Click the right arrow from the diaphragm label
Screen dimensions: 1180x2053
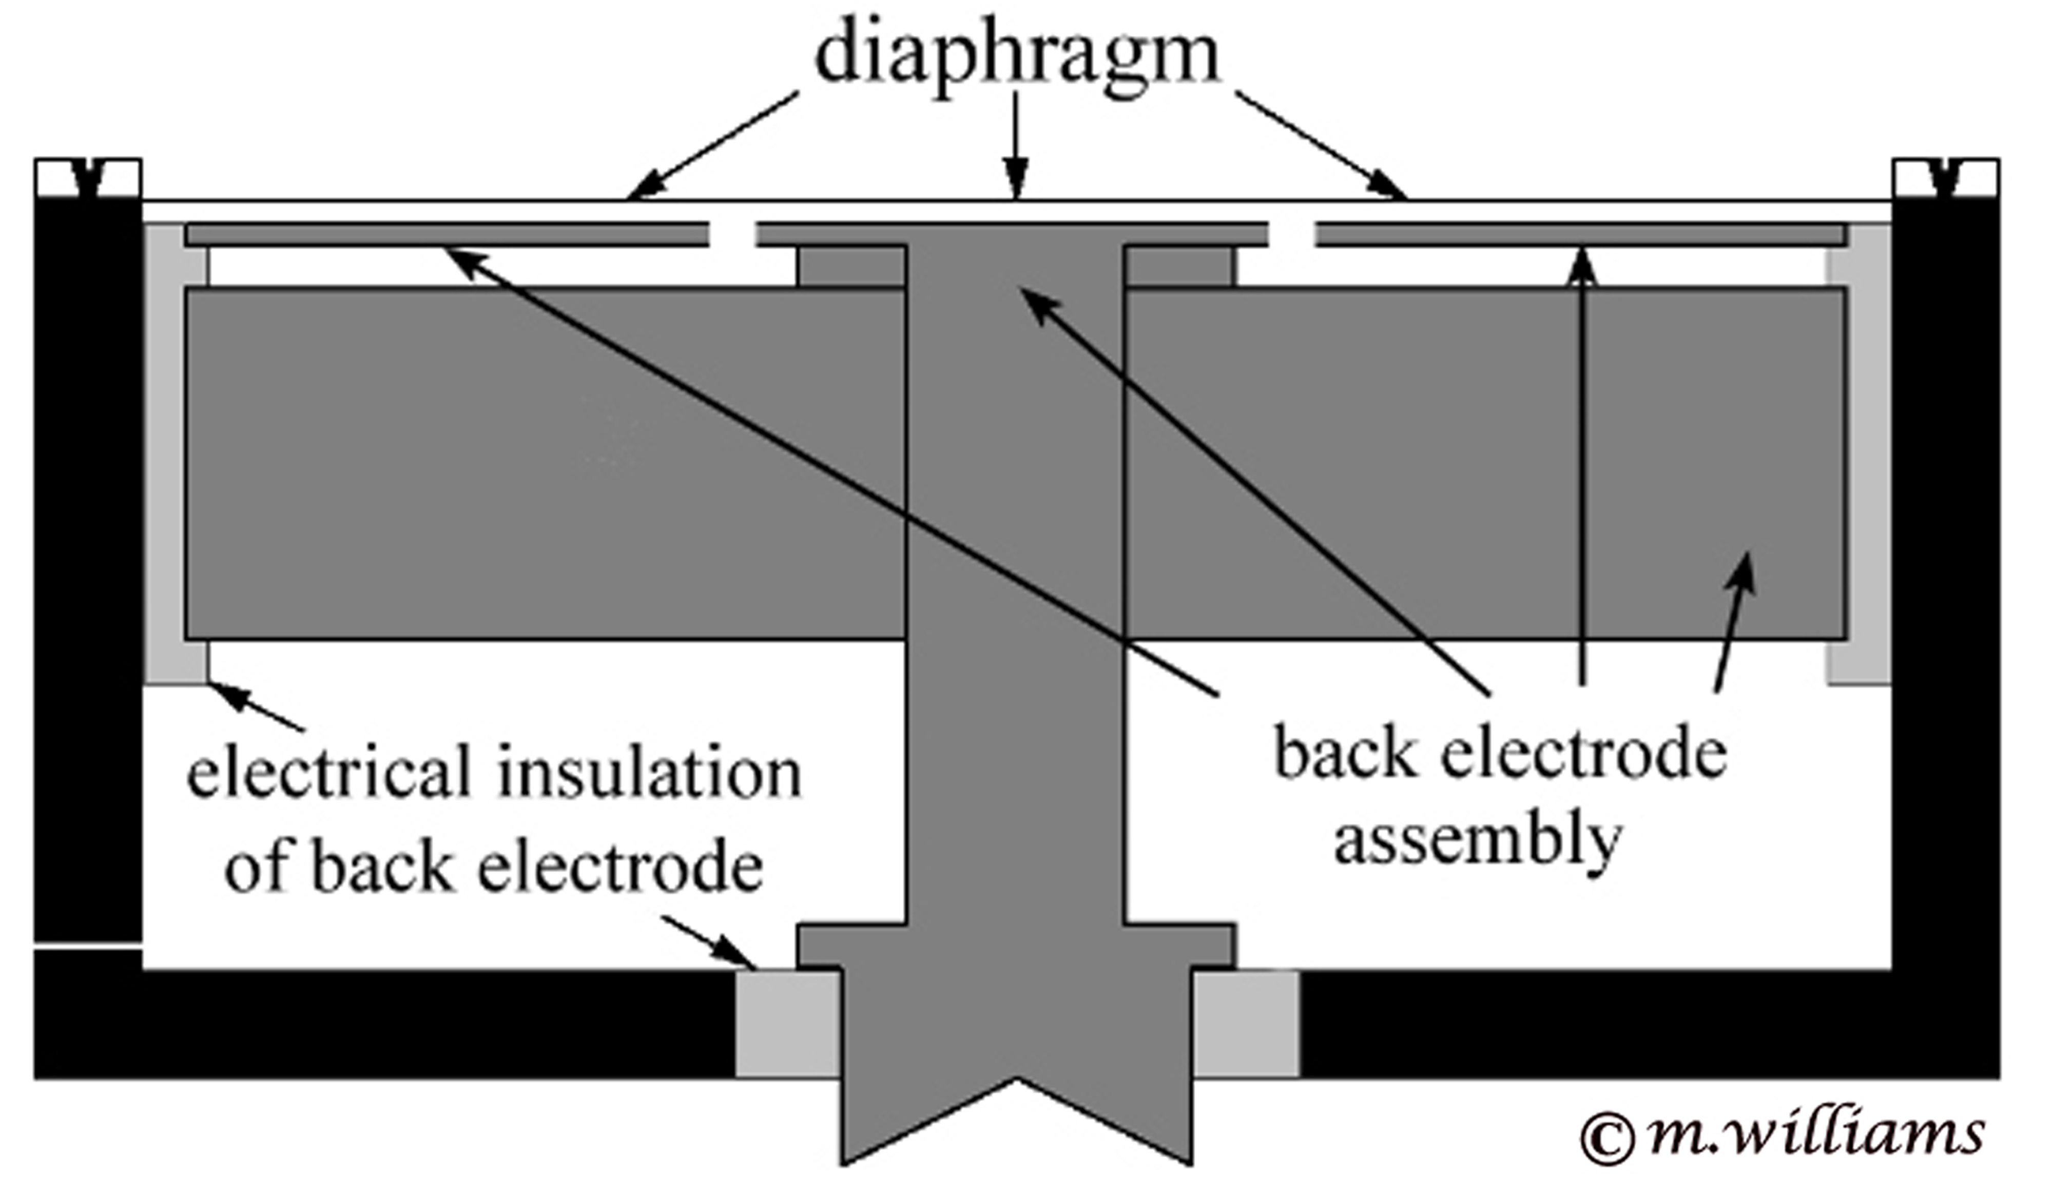[x=1321, y=146]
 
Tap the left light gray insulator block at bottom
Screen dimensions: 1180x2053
[x=787, y=1024]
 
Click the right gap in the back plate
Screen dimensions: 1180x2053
[x=1292, y=235]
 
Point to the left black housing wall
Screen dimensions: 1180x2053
[x=88, y=567]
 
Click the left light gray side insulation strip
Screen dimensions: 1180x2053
[x=165, y=454]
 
